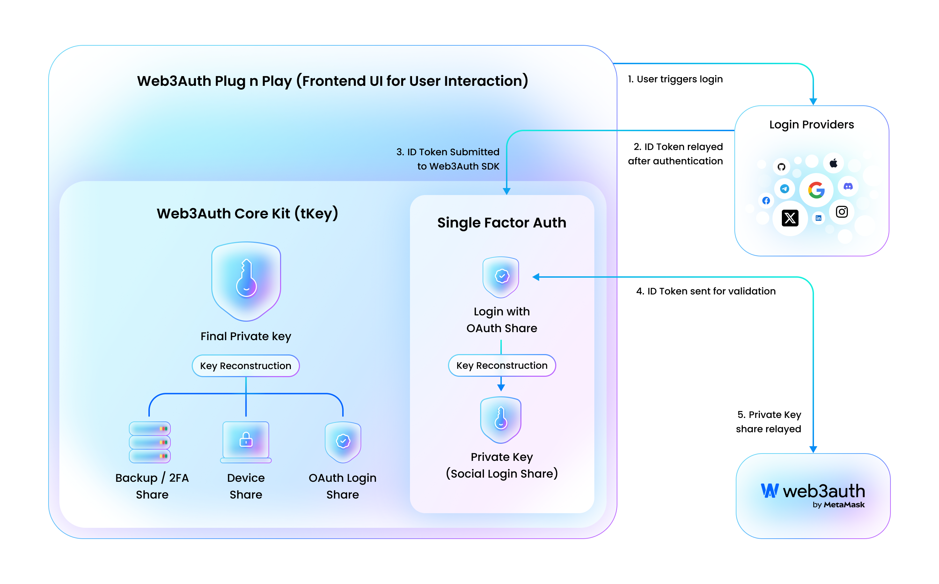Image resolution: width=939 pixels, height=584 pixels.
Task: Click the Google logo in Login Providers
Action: (x=816, y=190)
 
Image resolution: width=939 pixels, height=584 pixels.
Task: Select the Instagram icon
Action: (x=842, y=212)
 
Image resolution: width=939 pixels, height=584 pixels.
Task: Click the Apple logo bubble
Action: (x=834, y=163)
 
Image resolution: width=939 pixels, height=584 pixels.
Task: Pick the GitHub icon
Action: (x=781, y=167)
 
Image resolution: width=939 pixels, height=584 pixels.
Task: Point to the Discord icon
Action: (x=848, y=187)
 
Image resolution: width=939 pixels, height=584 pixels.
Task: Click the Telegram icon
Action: (x=784, y=188)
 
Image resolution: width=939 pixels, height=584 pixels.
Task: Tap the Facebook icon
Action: (x=766, y=201)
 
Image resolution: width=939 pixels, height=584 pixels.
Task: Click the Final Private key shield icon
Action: (x=246, y=281)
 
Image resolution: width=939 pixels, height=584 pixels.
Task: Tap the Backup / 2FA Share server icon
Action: (x=149, y=442)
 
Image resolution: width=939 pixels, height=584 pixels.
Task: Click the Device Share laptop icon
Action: (x=246, y=441)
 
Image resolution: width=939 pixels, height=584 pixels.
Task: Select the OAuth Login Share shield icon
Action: (x=343, y=441)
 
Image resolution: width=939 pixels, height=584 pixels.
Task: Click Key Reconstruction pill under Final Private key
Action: (x=245, y=366)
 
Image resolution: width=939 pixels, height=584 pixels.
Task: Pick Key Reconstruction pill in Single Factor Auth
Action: (x=502, y=365)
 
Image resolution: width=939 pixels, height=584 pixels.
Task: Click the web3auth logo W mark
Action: (x=769, y=491)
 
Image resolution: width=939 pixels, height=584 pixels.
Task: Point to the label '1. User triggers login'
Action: (x=675, y=79)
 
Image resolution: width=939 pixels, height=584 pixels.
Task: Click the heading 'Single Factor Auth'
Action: (x=501, y=223)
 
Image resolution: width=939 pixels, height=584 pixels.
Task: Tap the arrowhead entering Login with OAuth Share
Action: (x=536, y=277)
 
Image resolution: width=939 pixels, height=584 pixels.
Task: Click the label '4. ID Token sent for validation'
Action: (x=705, y=291)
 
